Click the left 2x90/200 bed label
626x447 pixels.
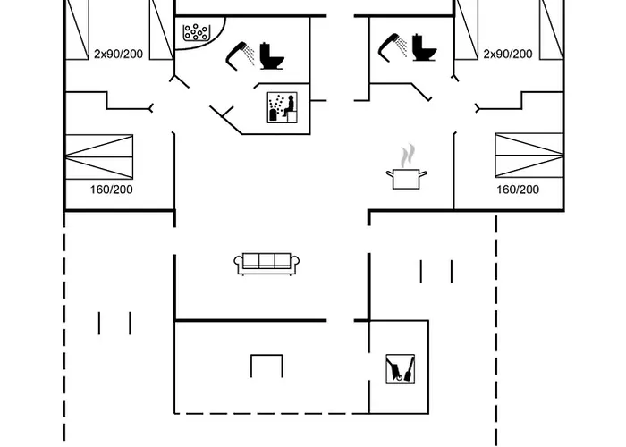pyautogui.click(x=119, y=54)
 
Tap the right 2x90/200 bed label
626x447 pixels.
pyautogui.click(x=507, y=54)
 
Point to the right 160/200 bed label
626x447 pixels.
pyautogui.click(x=518, y=190)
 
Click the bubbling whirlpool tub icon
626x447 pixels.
pyautogui.click(x=195, y=33)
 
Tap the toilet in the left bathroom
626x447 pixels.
pyautogui.click(x=271, y=55)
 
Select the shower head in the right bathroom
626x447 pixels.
pyautogui.click(x=393, y=43)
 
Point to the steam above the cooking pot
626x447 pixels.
pyautogui.click(x=408, y=156)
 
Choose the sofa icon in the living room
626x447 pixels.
pyautogui.click(x=266, y=263)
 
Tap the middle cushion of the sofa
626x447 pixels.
pyautogui.click(x=266, y=261)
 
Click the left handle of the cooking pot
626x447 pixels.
pyautogui.click(x=389, y=173)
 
